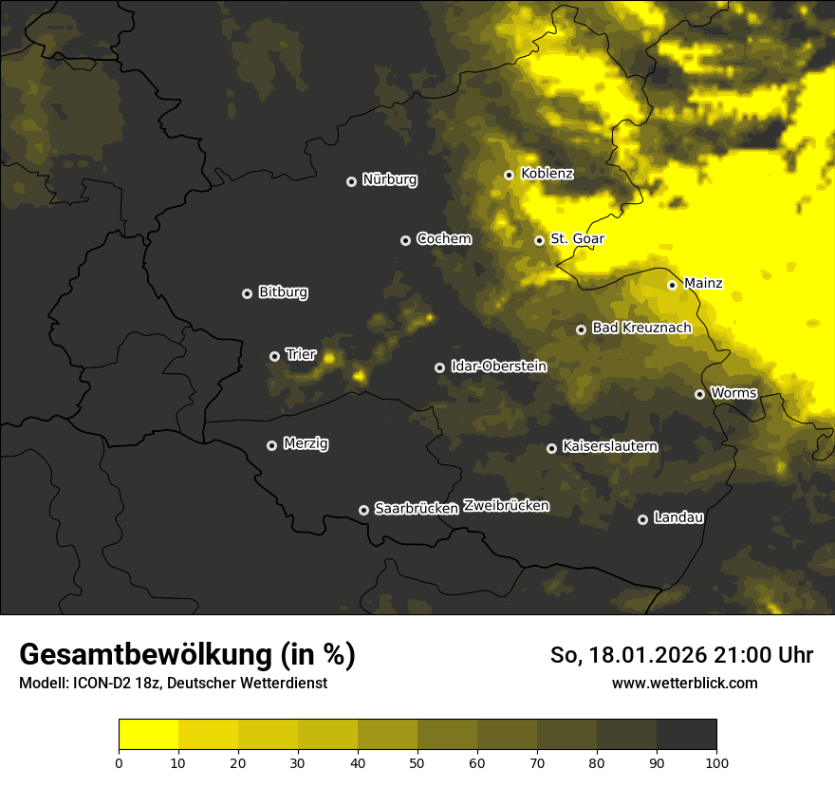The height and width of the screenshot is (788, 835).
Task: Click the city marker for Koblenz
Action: pyautogui.click(x=509, y=175)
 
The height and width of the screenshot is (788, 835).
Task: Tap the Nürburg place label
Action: pyautogui.click(x=389, y=179)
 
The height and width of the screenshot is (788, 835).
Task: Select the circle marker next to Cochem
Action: pyautogui.click(x=405, y=240)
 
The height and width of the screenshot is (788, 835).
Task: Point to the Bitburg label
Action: pyautogui.click(x=283, y=292)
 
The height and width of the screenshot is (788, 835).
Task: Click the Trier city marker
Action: pyautogui.click(x=275, y=356)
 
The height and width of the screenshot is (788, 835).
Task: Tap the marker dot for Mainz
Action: pyautogui.click(x=672, y=285)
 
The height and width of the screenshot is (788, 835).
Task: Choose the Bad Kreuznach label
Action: pyautogui.click(x=641, y=328)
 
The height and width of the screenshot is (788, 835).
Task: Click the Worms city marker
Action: pyautogui.click(x=699, y=394)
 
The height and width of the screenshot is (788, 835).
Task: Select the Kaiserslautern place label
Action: pyautogui.click(x=609, y=446)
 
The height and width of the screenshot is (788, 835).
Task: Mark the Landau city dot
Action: pyautogui.click(x=642, y=519)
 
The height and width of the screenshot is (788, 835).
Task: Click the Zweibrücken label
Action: pyautogui.click(x=506, y=505)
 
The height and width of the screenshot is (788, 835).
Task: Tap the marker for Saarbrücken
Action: pyautogui.click(x=363, y=510)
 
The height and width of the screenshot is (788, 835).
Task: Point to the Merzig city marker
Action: pyautogui.click(x=271, y=445)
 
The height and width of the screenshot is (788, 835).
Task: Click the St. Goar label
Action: pyautogui.click(x=577, y=238)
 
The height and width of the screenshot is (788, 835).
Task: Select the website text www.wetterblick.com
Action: pyautogui.click(x=685, y=683)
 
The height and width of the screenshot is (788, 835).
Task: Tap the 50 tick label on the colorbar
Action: pyautogui.click(x=417, y=762)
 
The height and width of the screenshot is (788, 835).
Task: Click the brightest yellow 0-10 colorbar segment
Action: pyautogui.click(x=148, y=735)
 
